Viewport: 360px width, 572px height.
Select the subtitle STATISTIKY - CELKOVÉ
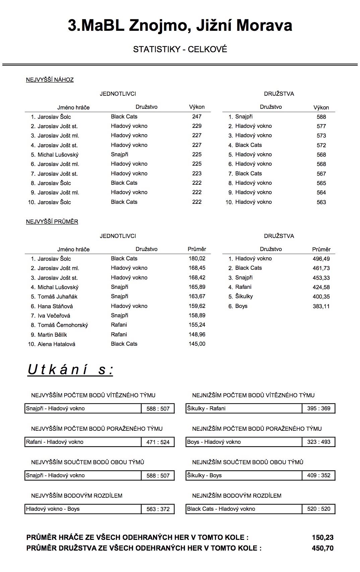tap(180, 49)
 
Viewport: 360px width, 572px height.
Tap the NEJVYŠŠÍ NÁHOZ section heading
tap(50, 80)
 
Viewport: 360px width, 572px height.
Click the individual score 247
tap(197, 116)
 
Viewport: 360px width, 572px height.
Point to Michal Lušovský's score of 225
tap(197, 154)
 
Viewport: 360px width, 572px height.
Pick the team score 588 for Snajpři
tap(321, 117)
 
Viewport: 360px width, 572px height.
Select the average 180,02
tap(197, 258)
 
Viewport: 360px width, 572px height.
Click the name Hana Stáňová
tap(55, 306)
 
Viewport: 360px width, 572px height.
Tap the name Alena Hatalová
tap(56, 344)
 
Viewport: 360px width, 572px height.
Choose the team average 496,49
tap(321, 259)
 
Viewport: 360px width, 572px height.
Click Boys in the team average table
tap(241, 306)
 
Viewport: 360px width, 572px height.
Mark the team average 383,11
tap(321, 306)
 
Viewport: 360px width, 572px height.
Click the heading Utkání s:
tap(70, 370)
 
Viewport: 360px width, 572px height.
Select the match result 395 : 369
tap(318, 408)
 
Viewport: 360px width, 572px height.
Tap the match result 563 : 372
tap(158, 509)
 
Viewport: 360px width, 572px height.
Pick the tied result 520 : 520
tap(318, 509)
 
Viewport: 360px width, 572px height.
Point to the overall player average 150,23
tap(322, 538)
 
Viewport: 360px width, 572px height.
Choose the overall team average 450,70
tap(322, 548)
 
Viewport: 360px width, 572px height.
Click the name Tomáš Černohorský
tap(63, 325)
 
